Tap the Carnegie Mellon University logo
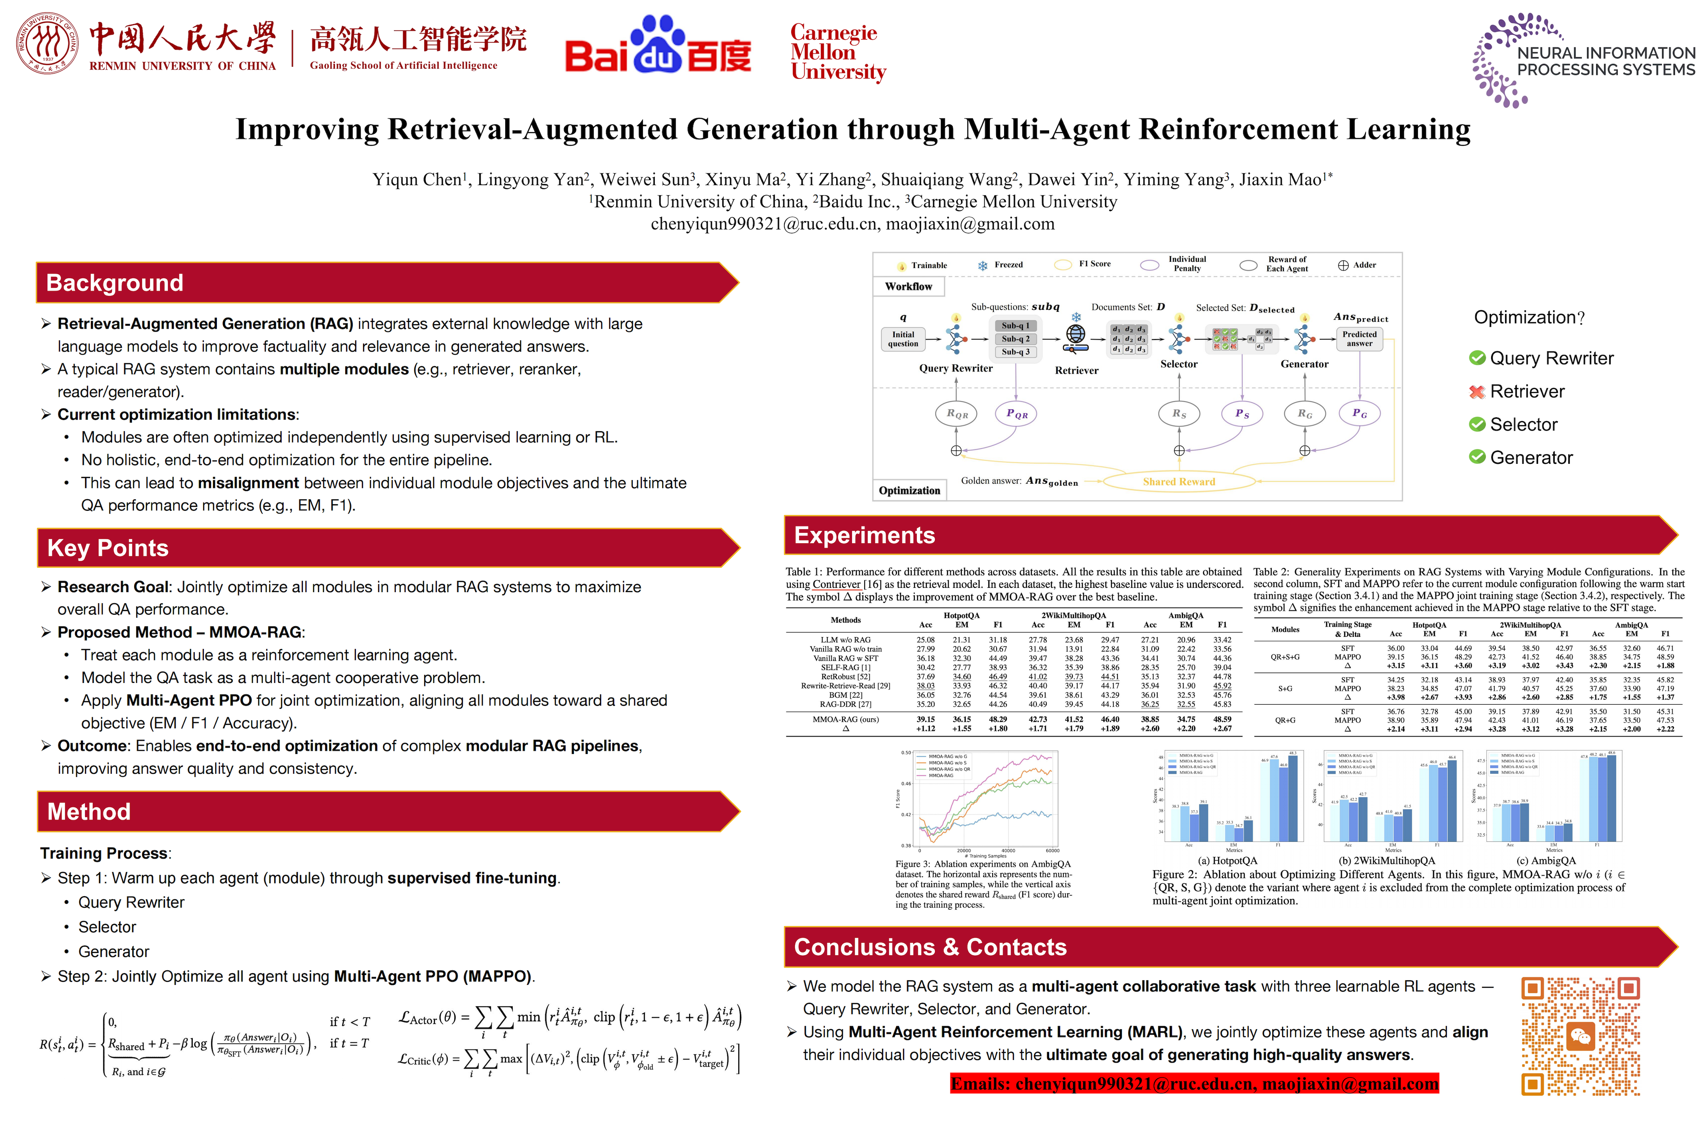click(838, 52)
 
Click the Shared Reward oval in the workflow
click(1179, 482)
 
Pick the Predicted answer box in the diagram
click(1359, 339)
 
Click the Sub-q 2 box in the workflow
click(1016, 339)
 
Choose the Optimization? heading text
click(1529, 317)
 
